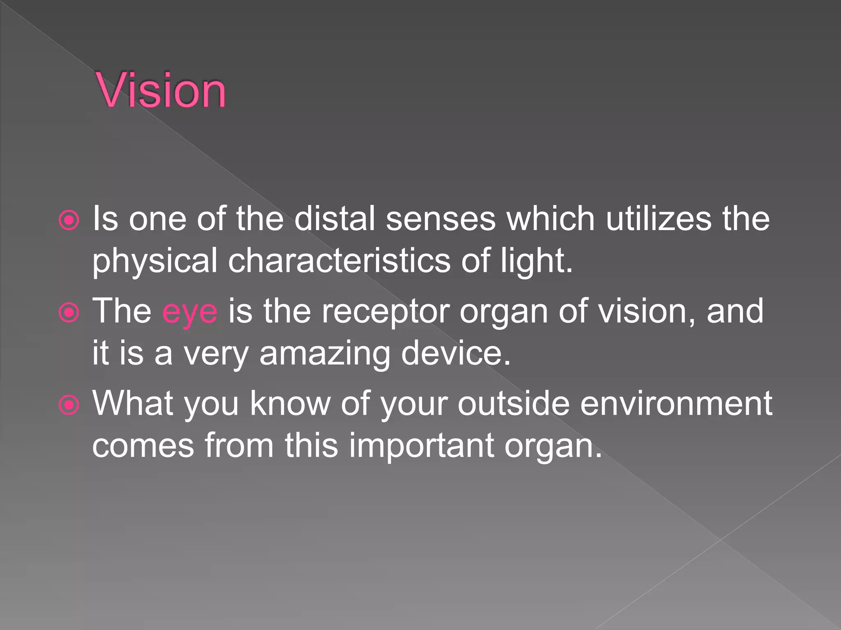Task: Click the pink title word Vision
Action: coord(161,90)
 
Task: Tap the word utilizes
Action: coord(659,219)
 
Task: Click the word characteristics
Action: coord(339,261)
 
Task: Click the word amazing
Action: coord(325,354)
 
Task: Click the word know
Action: coord(290,404)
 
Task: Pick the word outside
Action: coord(513,404)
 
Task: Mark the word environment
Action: coord(676,404)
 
